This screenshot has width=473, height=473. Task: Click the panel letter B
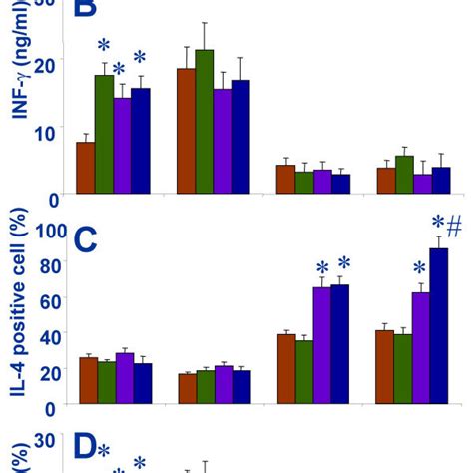86,12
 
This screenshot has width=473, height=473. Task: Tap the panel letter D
85,451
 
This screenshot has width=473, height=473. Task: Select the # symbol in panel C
454,226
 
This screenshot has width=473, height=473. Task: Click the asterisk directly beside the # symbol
436,224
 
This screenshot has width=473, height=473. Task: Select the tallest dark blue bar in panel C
439,326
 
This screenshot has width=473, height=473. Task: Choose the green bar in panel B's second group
205,121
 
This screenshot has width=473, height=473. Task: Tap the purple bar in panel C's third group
321,345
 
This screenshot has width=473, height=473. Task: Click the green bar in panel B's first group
104,135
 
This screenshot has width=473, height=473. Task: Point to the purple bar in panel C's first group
123,378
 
